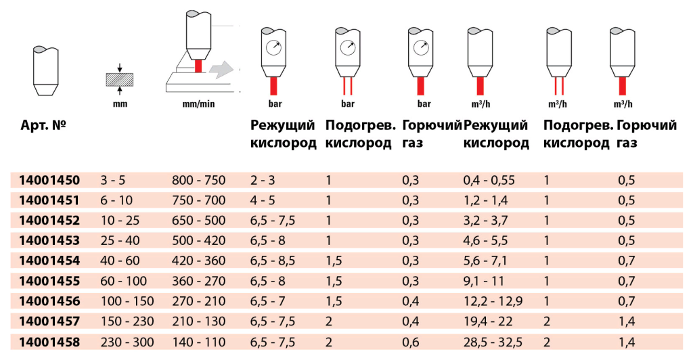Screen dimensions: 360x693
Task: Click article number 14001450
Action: point(49,180)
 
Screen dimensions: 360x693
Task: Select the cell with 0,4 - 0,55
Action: point(489,180)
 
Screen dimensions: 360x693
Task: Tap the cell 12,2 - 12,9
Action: point(493,302)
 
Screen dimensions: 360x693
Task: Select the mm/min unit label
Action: point(199,105)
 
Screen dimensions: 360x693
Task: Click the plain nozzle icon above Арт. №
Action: point(49,71)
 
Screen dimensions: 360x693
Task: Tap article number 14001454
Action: point(49,261)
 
